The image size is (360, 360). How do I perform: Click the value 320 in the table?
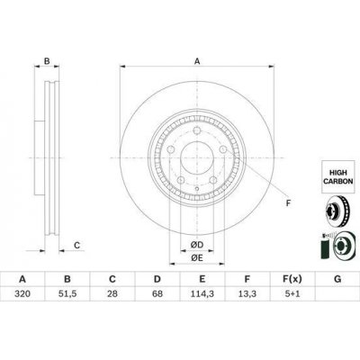[22, 293]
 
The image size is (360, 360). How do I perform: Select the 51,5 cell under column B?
[67, 293]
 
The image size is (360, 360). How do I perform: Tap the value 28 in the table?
[112, 293]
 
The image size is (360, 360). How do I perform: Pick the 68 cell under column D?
[157, 293]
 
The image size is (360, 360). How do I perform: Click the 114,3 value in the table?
[202, 293]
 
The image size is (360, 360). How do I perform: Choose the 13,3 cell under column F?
[247, 293]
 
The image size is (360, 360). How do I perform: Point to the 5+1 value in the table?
[292, 293]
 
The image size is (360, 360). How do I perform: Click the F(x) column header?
[292, 279]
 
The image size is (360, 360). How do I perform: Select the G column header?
[337, 279]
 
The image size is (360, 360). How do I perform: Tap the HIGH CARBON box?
[337, 176]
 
